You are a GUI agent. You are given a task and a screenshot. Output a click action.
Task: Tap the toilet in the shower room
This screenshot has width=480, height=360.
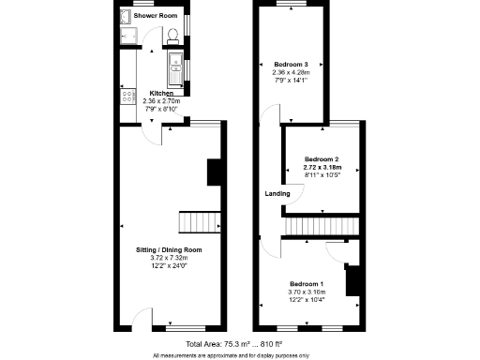coord(173,36)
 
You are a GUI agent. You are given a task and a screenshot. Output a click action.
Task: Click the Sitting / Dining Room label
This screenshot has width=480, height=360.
coord(169,249)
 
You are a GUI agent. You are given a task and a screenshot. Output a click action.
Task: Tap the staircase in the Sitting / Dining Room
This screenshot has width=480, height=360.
coord(200,221)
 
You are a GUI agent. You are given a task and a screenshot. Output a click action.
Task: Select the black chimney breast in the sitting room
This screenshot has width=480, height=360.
coord(214,172)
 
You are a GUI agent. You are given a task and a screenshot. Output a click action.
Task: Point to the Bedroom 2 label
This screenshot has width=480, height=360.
coord(322,159)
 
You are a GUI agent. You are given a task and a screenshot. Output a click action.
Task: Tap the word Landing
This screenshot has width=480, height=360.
coord(277,194)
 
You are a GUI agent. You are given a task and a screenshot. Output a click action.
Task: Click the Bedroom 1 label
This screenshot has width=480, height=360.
coord(307,283)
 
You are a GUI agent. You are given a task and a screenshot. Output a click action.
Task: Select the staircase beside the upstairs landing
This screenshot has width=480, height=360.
coord(322,227)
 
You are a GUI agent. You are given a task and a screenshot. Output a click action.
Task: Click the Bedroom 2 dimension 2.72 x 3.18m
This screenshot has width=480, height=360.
coord(322,167)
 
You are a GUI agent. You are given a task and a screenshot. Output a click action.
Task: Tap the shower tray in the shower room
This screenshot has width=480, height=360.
coord(128,37)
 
